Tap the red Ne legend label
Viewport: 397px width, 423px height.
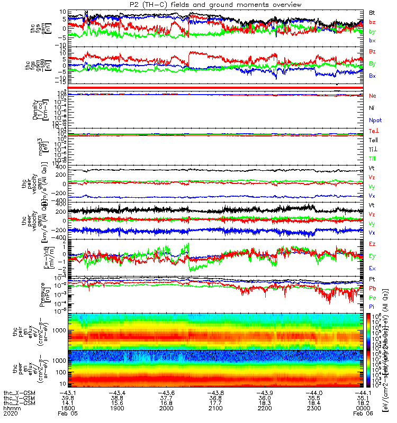pos(372,96)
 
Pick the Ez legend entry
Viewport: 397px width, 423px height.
pos(372,244)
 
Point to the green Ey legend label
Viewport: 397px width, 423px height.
pos(372,256)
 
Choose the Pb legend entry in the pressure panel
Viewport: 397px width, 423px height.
pos(372,288)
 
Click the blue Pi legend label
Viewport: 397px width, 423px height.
pos(372,306)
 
